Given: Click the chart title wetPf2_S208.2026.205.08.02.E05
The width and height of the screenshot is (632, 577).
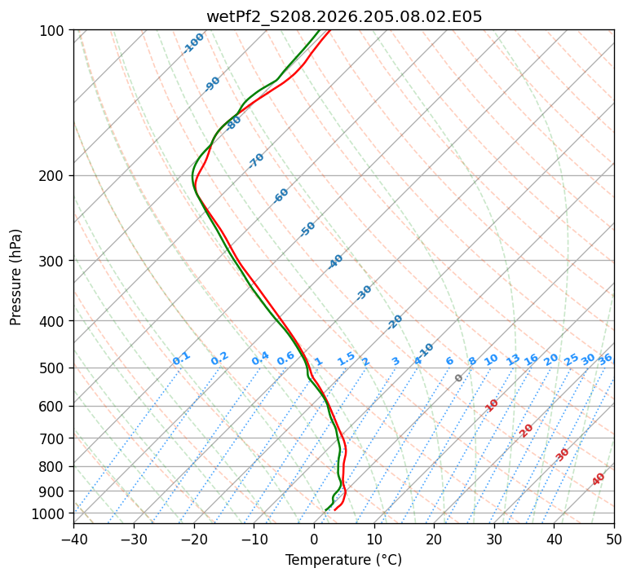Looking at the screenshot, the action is tap(344, 17).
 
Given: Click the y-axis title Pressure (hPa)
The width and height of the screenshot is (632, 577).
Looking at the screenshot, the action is tap(15, 277).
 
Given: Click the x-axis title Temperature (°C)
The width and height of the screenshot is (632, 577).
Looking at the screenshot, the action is tap(344, 560).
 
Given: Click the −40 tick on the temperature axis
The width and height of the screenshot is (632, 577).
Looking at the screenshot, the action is tap(74, 539).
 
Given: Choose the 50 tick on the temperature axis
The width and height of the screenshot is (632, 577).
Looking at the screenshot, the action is tap(614, 539).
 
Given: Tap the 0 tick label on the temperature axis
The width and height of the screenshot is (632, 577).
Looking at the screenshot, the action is tap(315, 539).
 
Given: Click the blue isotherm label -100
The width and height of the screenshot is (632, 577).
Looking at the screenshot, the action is tap(194, 43).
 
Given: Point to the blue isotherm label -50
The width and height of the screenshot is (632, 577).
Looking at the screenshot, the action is tap(307, 229).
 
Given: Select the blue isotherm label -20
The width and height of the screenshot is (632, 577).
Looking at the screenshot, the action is tap(395, 322).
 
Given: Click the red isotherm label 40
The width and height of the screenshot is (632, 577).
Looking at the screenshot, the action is tap(599, 479).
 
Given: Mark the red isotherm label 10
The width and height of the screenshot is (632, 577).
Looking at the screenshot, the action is tap(492, 405).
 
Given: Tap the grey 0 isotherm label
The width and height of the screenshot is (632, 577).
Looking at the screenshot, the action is tap(458, 378).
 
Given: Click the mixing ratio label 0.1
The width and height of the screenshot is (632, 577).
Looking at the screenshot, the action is tap(181, 359).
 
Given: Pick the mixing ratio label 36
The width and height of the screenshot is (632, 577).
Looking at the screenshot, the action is tap(605, 359).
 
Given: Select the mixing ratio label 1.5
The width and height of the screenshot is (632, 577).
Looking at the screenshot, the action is tap(347, 359).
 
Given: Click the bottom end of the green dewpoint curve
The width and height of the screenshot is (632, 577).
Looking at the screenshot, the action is tap(325, 510).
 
